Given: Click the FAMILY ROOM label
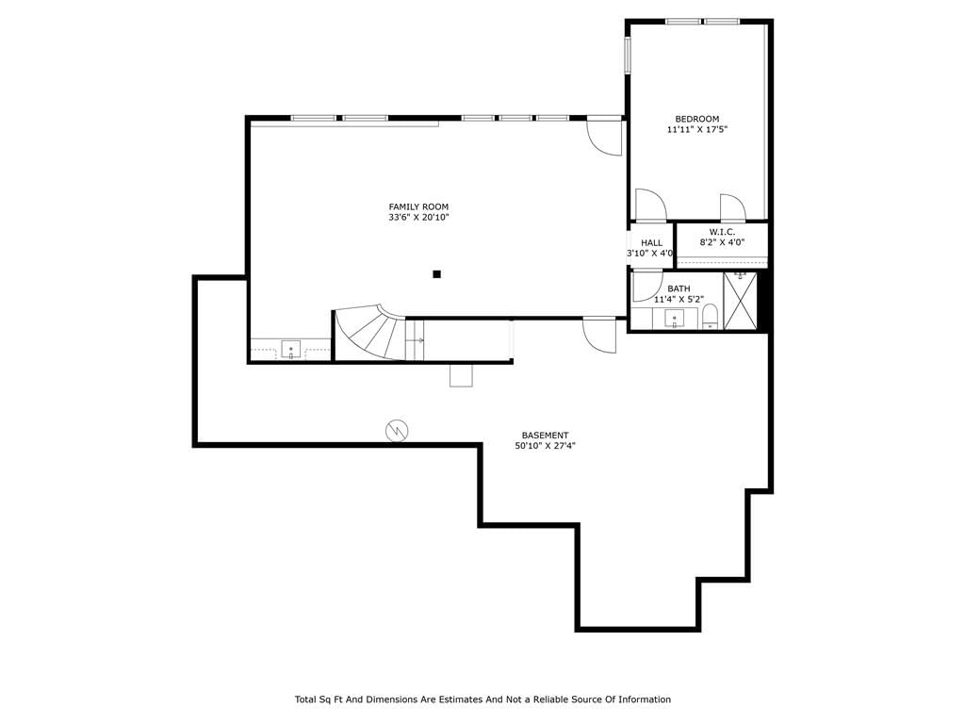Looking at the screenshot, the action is [418, 206].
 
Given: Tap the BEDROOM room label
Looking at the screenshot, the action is [697, 119].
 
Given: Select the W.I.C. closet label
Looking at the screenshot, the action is [722, 232].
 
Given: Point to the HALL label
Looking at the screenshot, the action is [652, 242].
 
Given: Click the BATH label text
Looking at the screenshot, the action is [679, 288].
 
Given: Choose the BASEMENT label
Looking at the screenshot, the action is [546, 436].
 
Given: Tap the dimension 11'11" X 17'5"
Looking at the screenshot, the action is [697, 129].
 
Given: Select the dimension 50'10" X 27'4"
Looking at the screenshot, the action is [546, 446].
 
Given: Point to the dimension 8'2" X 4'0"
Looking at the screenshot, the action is [722, 242].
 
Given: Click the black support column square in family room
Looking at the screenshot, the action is [437, 274].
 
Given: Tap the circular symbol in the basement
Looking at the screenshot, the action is [397, 431].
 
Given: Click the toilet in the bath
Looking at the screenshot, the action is [710, 317].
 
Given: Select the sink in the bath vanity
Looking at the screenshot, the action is [675, 319].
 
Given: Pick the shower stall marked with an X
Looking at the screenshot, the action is [740, 301].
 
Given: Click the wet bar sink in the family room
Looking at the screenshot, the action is [290, 349].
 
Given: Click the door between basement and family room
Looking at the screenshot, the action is [599, 335].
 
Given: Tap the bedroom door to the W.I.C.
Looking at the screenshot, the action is [733, 207].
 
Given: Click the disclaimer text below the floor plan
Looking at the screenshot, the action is [482, 699].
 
